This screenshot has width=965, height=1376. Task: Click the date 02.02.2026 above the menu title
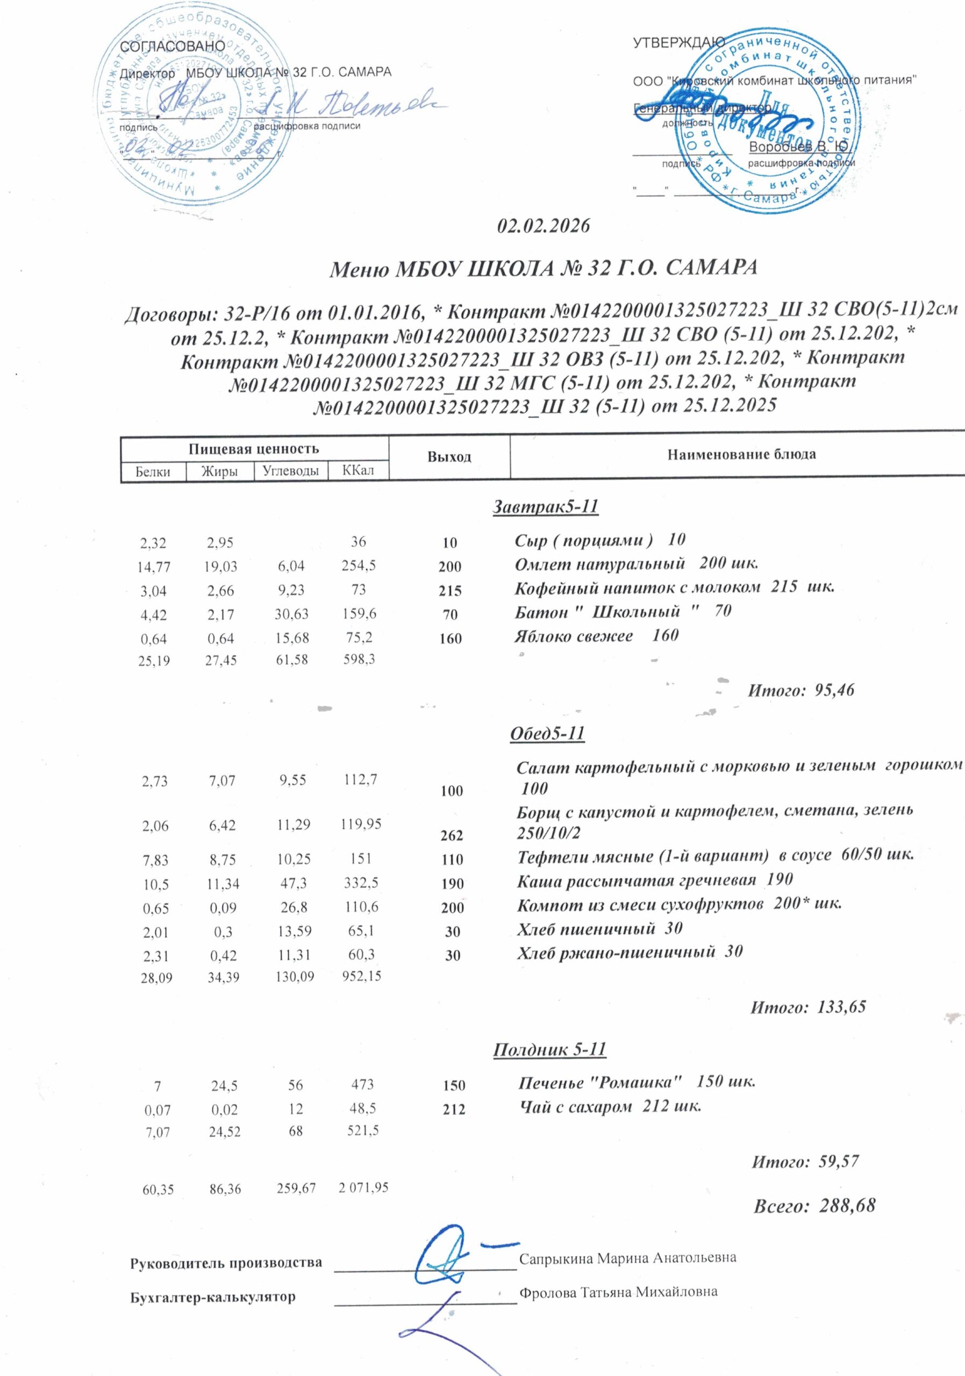(544, 226)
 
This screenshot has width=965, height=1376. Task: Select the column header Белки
(153, 471)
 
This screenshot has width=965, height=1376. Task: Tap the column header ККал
(358, 470)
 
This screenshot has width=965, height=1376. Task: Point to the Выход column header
(449, 457)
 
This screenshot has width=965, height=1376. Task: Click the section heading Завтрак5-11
(546, 507)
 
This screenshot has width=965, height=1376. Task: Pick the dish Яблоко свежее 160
(596, 635)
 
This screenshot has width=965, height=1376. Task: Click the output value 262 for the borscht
(453, 835)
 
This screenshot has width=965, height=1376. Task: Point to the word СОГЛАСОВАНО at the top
(173, 46)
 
